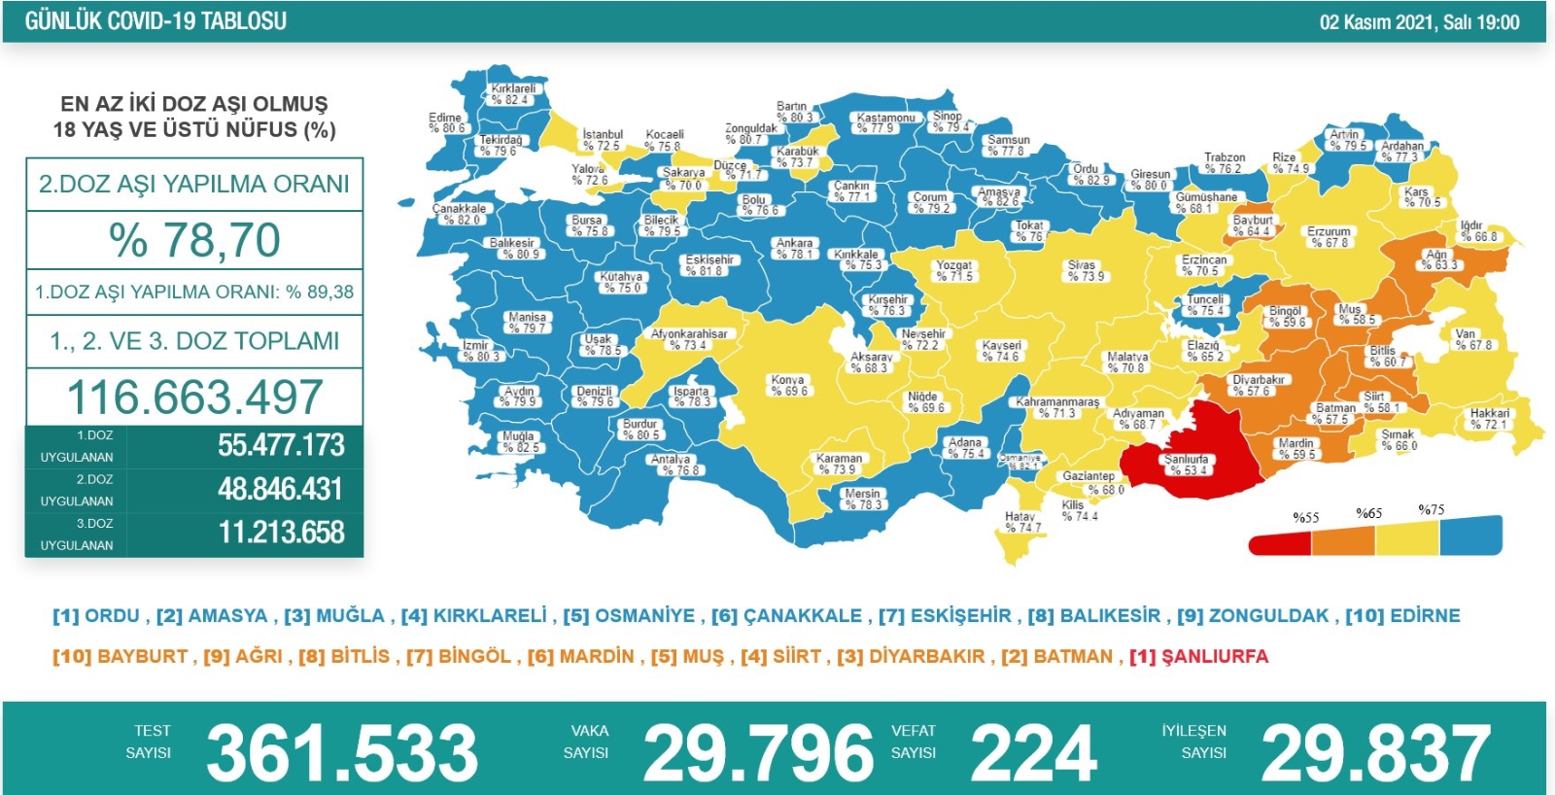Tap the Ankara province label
tap(794, 249)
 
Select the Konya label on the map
tap(787, 385)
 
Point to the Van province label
tap(1471, 339)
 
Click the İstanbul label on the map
tap(602, 140)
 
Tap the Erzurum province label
tap(1328, 237)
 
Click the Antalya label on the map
tap(672, 465)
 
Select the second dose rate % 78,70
tap(194, 240)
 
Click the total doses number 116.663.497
tap(194, 397)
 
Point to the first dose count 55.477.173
tap(281, 445)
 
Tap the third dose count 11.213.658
tap(281, 533)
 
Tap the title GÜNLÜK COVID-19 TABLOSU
tap(155, 21)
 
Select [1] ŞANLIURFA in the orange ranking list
tap(1198, 656)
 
